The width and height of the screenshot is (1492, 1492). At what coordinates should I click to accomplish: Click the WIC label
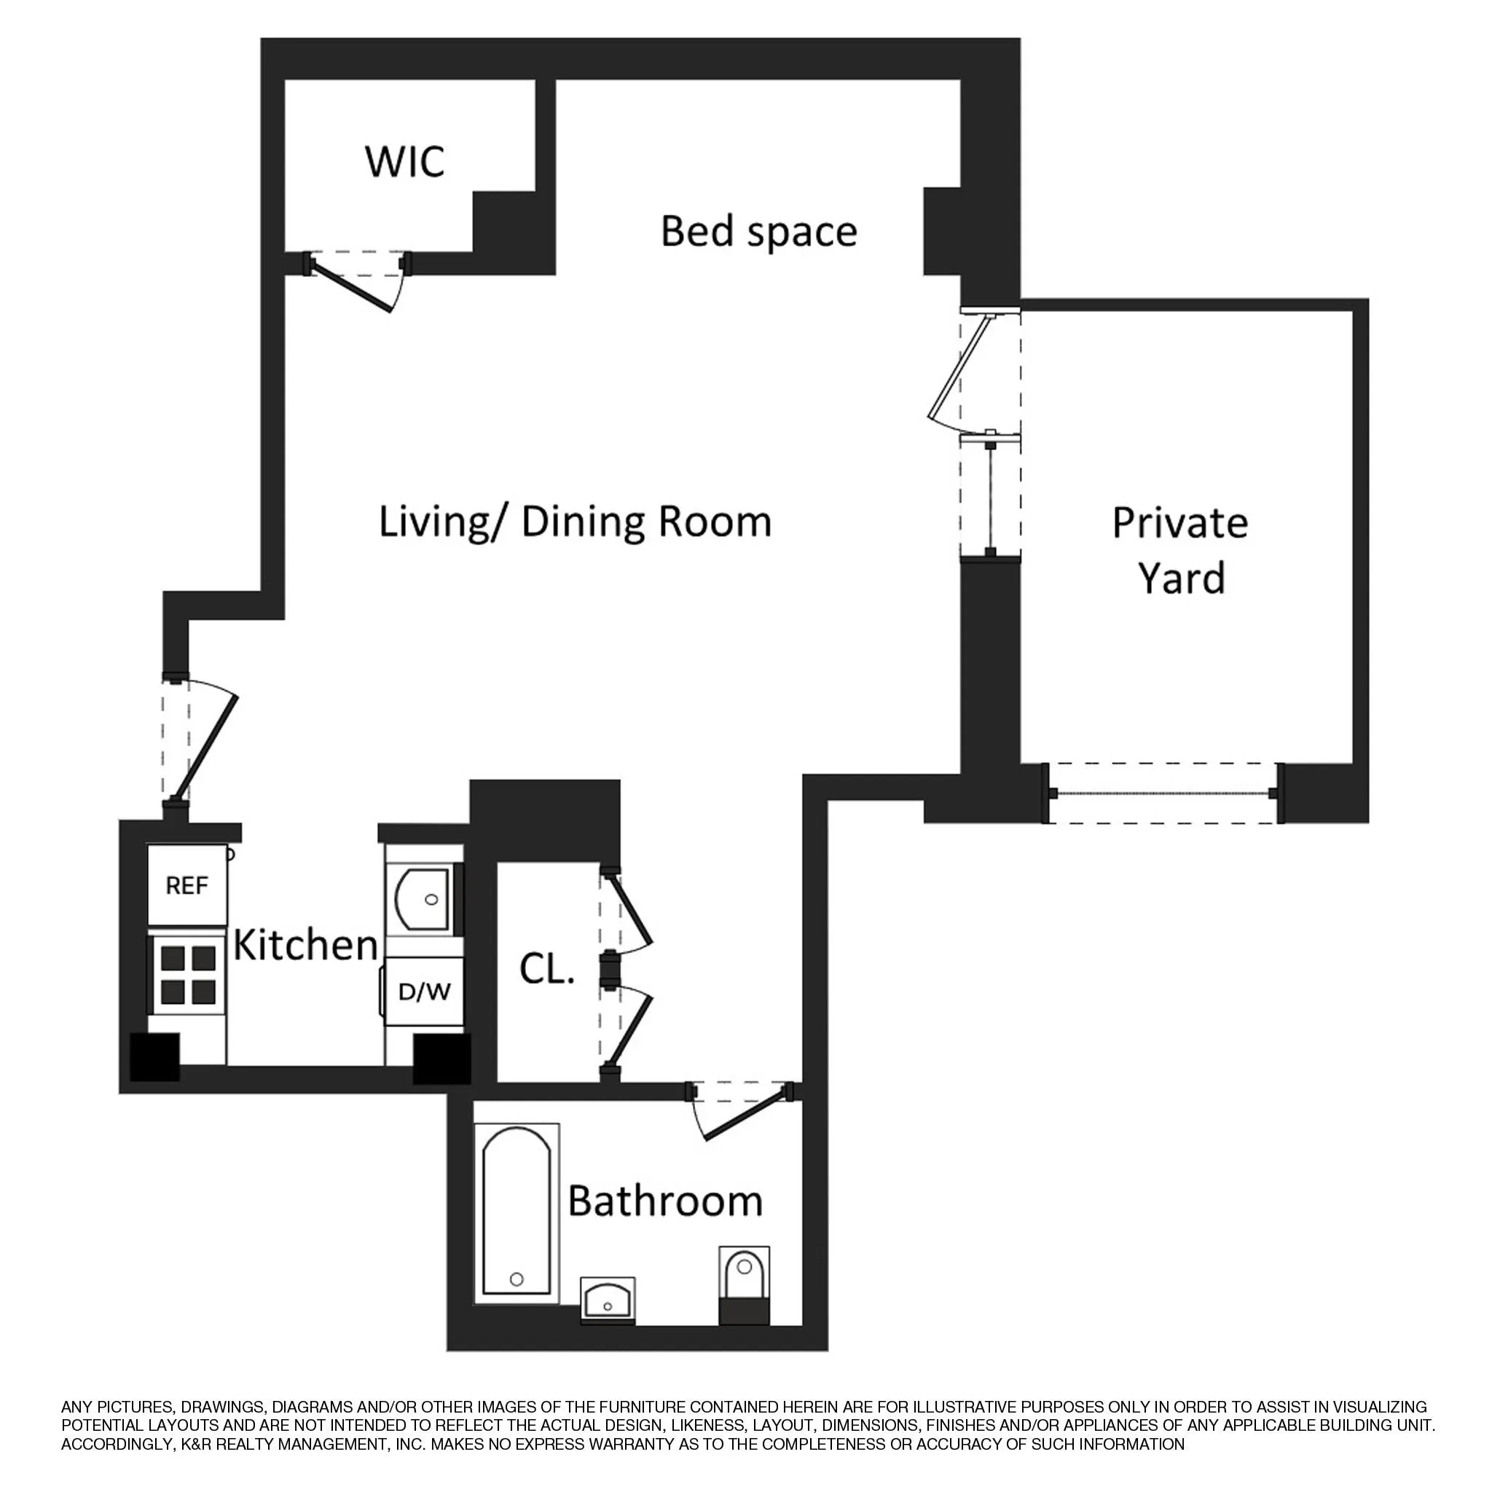point(404,162)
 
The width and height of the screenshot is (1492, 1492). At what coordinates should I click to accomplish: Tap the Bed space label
point(758,231)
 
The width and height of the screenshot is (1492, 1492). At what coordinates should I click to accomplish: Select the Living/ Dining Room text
point(575,522)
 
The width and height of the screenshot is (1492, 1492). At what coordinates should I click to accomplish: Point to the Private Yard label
point(1180,550)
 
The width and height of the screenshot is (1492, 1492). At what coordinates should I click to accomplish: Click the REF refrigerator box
point(188,885)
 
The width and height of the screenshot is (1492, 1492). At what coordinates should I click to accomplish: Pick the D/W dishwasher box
point(425,992)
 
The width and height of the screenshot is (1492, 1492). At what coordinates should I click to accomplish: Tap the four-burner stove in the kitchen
point(188,975)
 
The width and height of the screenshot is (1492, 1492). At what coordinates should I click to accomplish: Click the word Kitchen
point(306,944)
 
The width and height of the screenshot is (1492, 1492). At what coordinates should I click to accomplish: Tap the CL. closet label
point(547,969)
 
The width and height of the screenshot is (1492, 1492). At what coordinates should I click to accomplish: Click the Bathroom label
point(665,1201)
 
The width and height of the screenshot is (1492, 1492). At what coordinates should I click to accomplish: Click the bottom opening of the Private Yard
point(1162,793)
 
